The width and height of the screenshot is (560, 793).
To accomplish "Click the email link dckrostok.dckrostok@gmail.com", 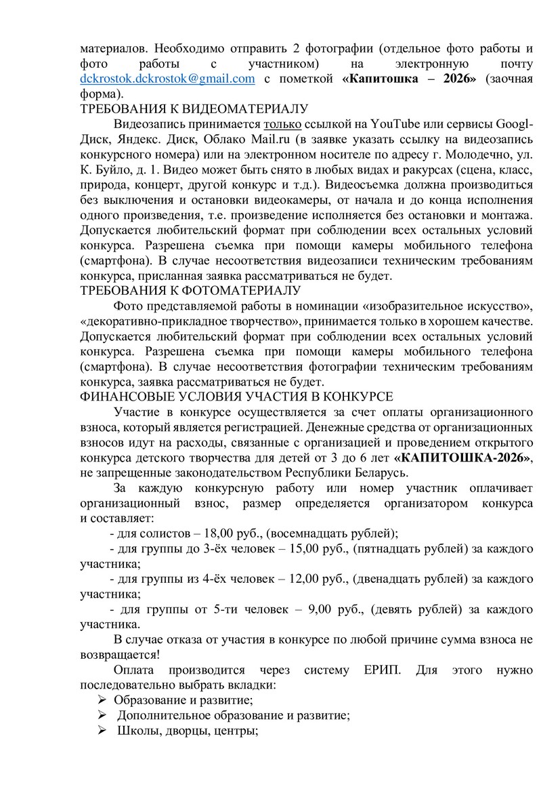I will [167, 79].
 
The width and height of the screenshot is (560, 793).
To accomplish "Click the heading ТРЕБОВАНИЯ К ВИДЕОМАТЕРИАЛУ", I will [194, 108].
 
